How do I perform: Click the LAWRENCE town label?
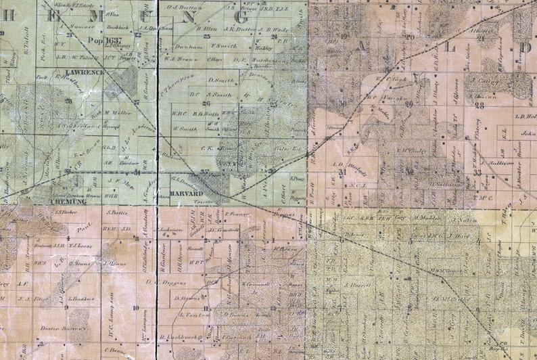pos(85,72)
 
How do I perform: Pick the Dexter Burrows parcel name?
pos(64,328)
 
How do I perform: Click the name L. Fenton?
pos(191,315)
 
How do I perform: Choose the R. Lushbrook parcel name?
pos(178,336)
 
